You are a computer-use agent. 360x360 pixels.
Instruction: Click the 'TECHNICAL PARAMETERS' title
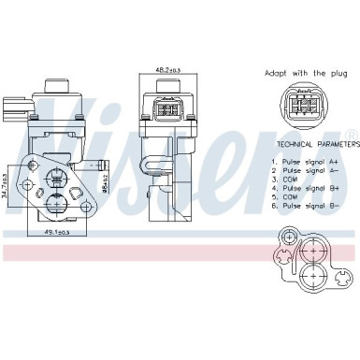316,147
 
